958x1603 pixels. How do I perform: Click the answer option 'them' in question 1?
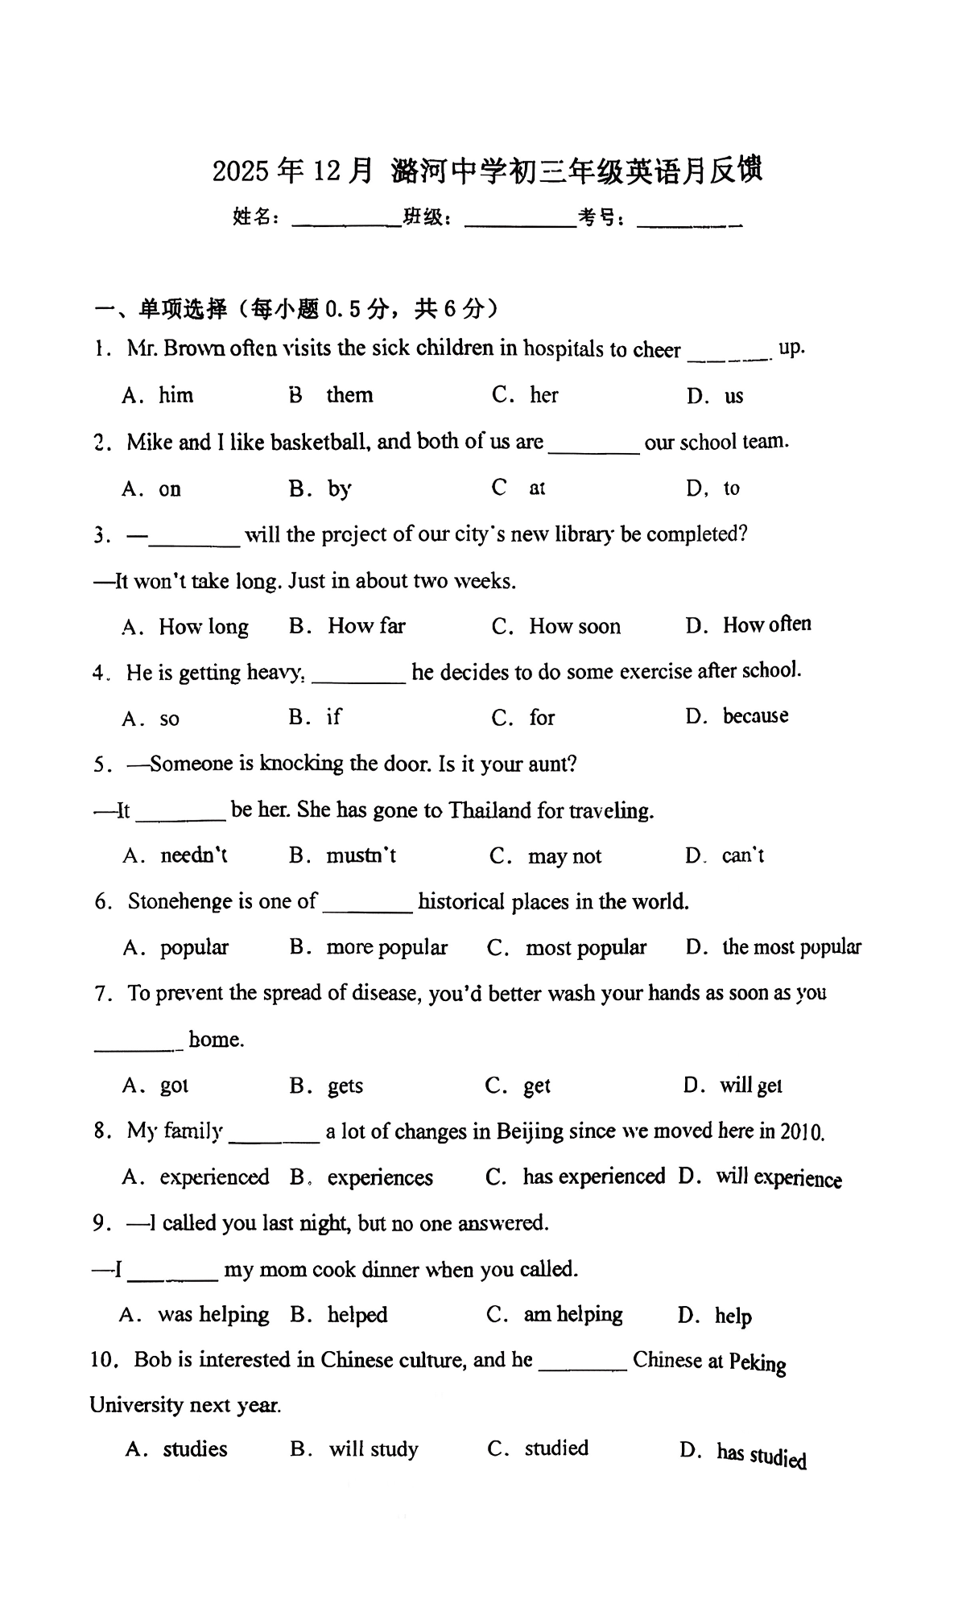tap(349, 395)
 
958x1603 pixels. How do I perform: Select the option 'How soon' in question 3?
tap(574, 627)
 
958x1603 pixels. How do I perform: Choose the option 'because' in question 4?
tap(755, 716)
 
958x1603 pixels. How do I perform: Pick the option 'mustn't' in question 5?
tap(361, 855)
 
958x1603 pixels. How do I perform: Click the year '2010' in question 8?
tap(802, 1132)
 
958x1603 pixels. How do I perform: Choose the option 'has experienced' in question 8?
tap(593, 1177)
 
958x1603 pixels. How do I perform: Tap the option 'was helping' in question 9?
tap(213, 1315)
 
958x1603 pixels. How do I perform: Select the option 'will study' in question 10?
tap(374, 1450)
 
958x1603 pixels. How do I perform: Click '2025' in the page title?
tap(240, 171)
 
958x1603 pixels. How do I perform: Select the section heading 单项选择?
tap(183, 308)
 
